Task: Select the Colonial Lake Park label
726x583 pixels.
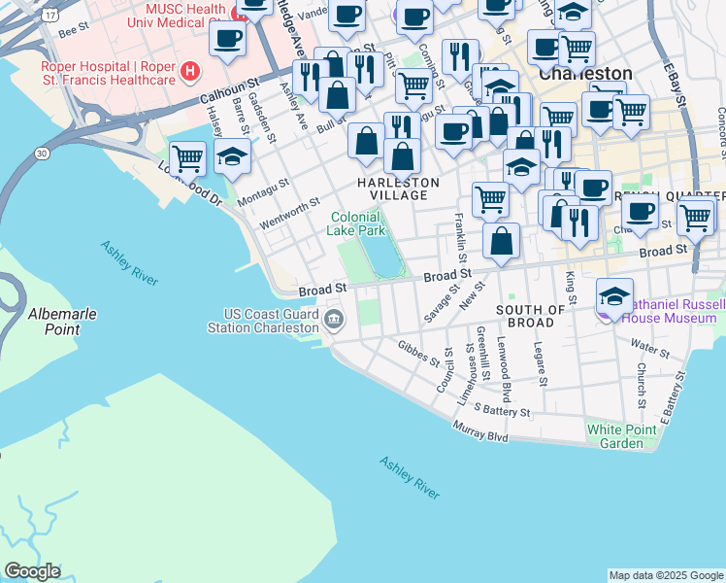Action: coord(359,223)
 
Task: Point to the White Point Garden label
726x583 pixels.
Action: coord(628,436)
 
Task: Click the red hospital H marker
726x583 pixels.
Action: coord(191,71)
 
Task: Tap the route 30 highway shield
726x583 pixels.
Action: coord(41,153)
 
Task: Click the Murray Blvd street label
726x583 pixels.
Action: coord(481,431)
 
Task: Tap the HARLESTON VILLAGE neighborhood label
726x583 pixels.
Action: coord(398,189)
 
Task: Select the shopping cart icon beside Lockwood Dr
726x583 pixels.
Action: coord(186,156)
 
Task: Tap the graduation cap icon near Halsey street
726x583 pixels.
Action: coord(232,156)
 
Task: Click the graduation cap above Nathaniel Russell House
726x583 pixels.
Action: coord(614,293)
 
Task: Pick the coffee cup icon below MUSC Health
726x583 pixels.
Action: coord(227,39)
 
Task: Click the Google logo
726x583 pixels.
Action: coord(32,571)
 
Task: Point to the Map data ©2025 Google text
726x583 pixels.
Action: coord(665,575)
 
